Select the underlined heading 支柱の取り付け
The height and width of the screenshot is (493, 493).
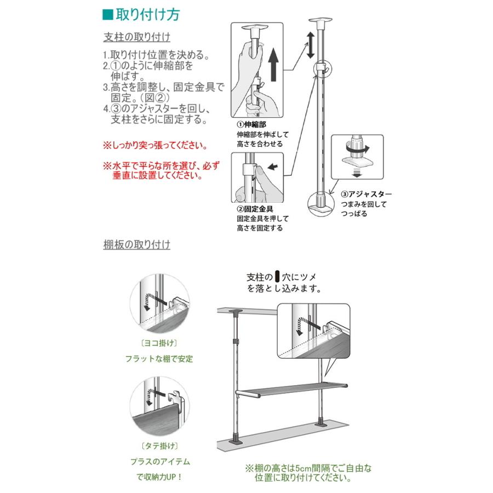pyautogui.click(x=136, y=37)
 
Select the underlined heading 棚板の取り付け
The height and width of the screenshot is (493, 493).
pyautogui.click(x=136, y=244)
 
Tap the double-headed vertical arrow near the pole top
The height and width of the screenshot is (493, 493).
pyautogui.click(x=310, y=45)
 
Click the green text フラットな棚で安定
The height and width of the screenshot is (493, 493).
pyautogui.click(x=159, y=359)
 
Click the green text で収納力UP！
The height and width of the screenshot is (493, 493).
pyautogui.click(x=159, y=477)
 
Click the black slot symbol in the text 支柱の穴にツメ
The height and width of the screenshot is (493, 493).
pyautogui.click(x=277, y=276)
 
